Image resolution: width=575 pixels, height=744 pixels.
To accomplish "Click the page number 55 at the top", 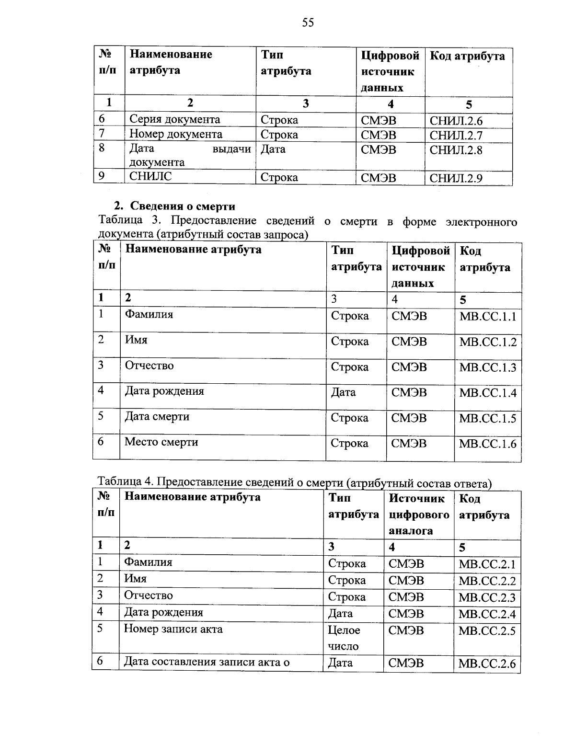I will (x=308, y=23).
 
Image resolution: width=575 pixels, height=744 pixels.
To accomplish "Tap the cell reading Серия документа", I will (x=175, y=119).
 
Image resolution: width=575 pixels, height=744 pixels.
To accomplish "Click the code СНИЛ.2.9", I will (x=456, y=179).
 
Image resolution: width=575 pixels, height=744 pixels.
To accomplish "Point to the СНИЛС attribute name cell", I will (x=151, y=176).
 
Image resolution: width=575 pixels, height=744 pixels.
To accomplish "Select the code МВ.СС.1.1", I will (x=487, y=317).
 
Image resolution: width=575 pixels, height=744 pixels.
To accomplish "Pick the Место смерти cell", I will (x=161, y=442).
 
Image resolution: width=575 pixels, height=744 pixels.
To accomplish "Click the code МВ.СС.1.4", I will (x=487, y=393).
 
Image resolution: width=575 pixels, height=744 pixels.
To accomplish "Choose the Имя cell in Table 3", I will (x=136, y=340).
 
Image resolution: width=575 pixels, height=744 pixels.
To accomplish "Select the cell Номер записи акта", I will (x=173, y=629).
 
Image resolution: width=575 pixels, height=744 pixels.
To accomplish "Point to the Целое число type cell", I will (x=344, y=638).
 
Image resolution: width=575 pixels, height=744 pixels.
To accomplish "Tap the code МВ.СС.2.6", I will (x=486, y=664).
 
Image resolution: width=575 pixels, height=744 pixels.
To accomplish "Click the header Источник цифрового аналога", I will (x=419, y=515).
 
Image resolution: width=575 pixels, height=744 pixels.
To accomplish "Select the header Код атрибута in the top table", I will (x=467, y=57).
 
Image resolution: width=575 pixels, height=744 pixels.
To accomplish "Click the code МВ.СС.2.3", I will (x=486, y=597).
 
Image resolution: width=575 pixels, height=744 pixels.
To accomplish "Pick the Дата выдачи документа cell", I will (x=190, y=155).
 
